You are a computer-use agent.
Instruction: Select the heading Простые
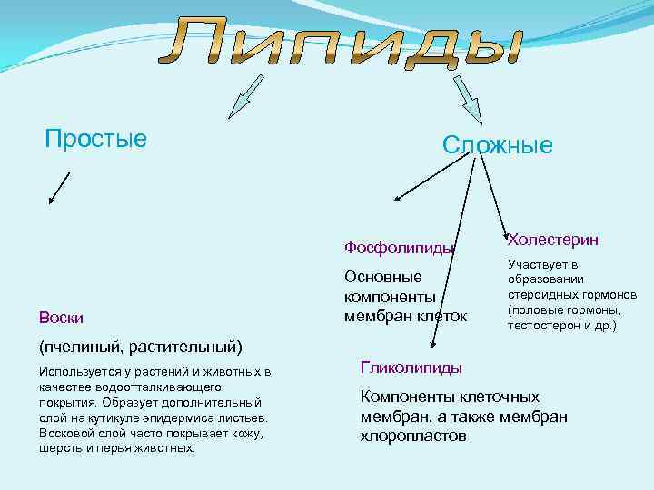95,139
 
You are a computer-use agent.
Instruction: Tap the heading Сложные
497,145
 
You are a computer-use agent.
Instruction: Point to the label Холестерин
553,240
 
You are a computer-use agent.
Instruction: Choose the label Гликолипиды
411,367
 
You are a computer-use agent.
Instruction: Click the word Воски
62,317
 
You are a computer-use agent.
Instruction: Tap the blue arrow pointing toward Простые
243,97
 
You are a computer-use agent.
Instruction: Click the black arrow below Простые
59,188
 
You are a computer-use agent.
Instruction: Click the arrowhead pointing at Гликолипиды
435,344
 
